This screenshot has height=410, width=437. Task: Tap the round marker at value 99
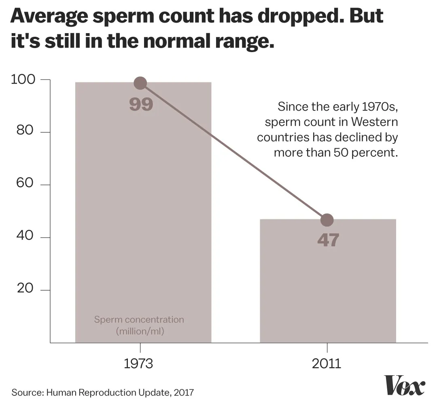tap(140, 84)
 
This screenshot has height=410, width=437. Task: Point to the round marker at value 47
tap(327, 220)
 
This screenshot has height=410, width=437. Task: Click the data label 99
tap(141, 104)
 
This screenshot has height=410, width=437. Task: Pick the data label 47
tap(328, 241)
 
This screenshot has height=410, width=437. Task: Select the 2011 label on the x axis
tap(327, 364)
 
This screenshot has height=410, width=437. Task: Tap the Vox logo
tap(404, 386)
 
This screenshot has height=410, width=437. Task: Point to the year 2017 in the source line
tap(184, 392)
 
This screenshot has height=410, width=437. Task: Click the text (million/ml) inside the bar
tap(140, 332)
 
